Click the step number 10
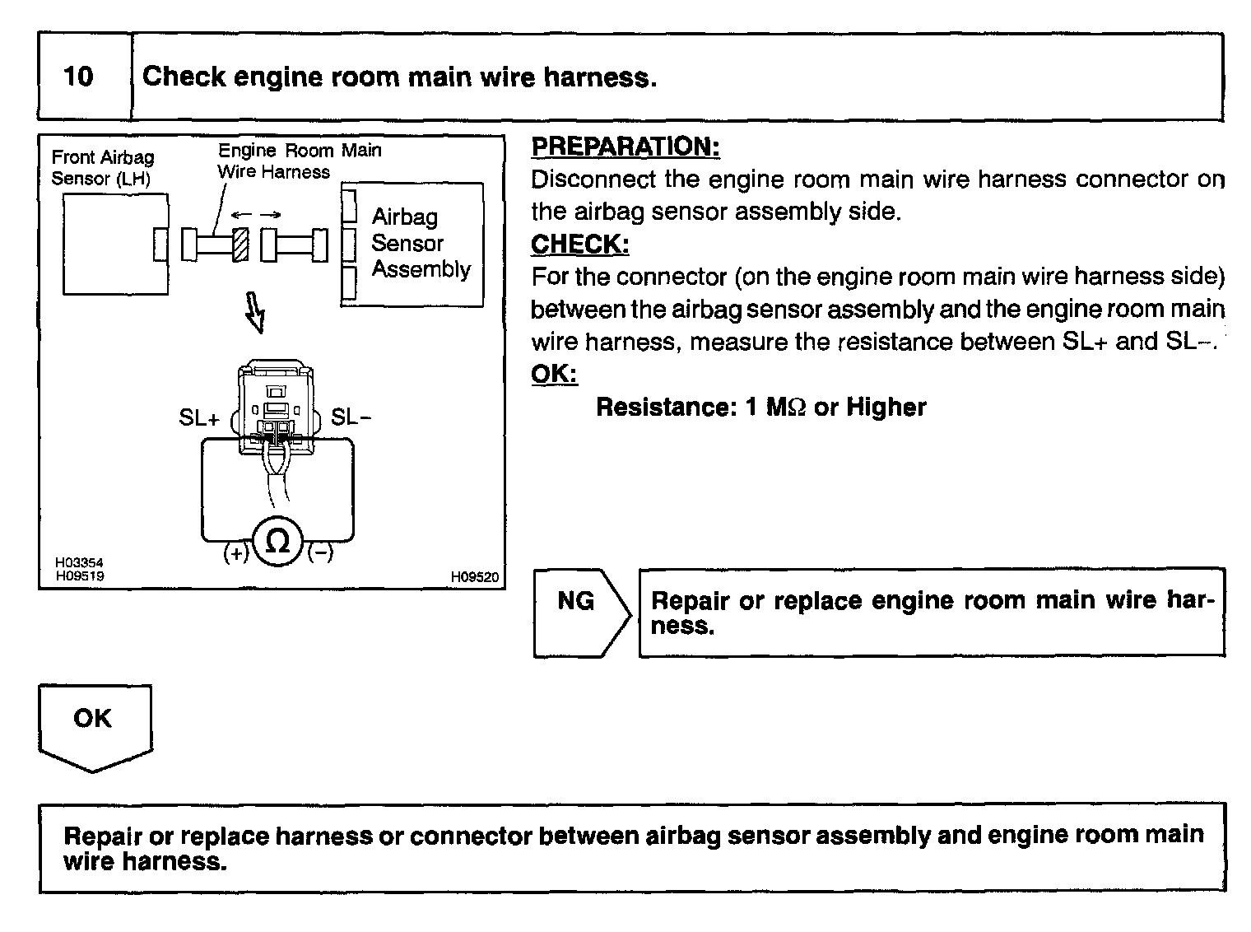click(79, 77)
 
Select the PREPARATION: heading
click(625, 147)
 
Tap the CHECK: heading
click(580, 245)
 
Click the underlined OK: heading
click(554, 374)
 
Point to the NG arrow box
click(580, 611)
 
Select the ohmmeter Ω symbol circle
click(278, 543)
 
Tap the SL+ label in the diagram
click(199, 418)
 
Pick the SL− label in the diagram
click(351, 417)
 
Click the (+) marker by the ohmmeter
click(235, 553)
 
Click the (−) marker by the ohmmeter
click(320, 553)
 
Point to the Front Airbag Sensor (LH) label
click(102, 168)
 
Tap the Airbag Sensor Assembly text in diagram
click(420, 243)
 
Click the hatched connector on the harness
click(240, 245)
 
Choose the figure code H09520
click(474, 577)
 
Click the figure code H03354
click(79, 563)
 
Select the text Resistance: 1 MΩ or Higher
click(760, 407)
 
